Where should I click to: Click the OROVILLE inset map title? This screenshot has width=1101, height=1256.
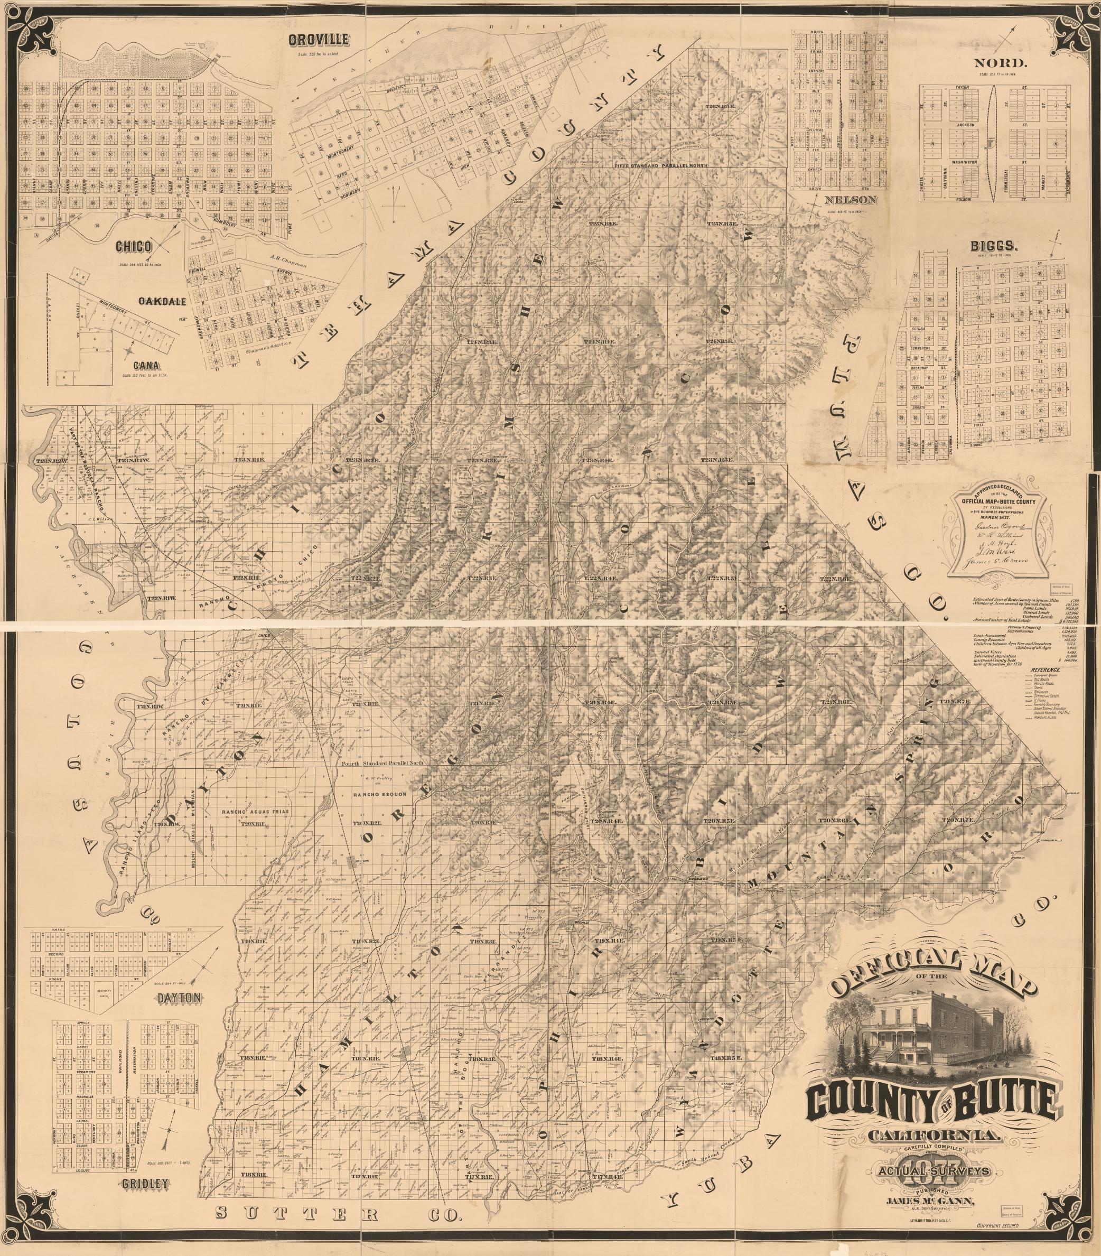tap(320, 41)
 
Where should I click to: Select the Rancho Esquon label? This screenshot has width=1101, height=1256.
tap(378, 793)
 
